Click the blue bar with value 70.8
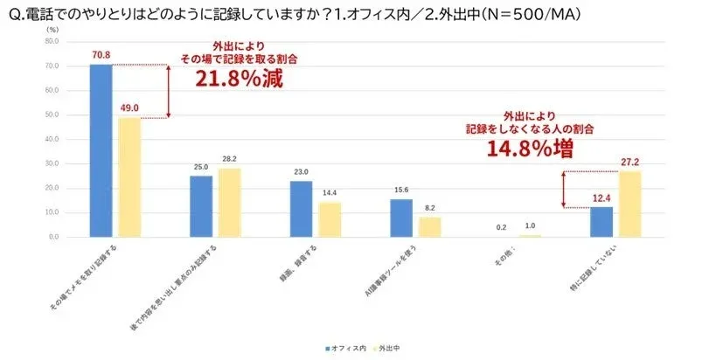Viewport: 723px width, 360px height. pos(101,150)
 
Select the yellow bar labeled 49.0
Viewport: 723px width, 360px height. pos(129,177)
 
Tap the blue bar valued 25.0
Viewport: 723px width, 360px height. pos(201,206)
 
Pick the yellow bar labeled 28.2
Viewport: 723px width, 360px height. pos(229,203)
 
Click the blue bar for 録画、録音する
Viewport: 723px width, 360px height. pos(301,209)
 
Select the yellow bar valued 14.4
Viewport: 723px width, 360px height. pos(330,219)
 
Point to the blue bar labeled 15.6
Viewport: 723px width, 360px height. pos(400,218)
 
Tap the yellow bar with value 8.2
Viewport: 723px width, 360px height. pos(429,227)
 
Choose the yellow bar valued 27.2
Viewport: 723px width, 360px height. pos(629,204)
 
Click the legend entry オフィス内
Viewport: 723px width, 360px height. pos(344,348)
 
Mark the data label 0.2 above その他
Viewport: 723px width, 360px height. pos(500,226)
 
